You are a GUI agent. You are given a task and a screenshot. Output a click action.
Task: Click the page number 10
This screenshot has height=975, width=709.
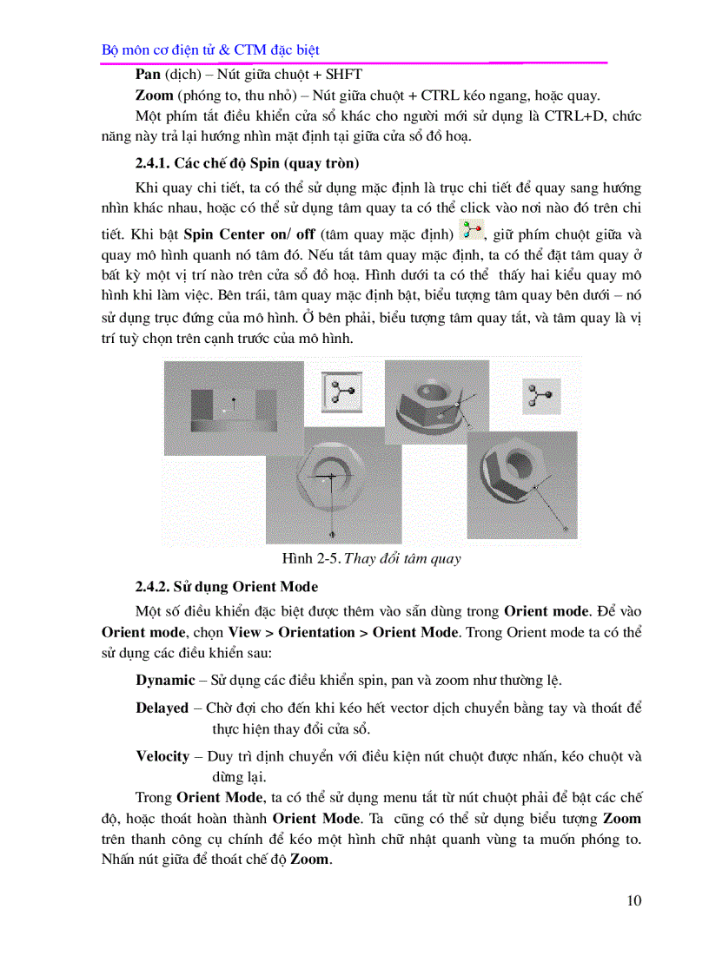click(x=633, y=900)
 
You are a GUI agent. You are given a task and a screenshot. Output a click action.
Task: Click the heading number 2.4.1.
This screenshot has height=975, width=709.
click(x=154, y=163)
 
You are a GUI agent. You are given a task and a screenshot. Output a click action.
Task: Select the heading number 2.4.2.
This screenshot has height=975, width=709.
click(x=154, y=587)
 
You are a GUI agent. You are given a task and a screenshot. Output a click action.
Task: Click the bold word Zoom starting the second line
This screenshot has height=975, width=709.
click(x=154, y=96)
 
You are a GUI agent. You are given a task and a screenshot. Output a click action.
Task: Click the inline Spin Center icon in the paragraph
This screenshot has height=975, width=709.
click(x=473, y=231)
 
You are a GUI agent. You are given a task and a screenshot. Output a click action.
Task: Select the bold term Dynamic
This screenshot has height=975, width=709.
click(x=165, y=680)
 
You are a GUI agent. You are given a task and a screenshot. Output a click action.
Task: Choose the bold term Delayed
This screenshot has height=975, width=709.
click(x=162, y=708)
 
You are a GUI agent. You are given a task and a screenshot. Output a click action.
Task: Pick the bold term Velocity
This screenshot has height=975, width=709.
click(x=162, y=756)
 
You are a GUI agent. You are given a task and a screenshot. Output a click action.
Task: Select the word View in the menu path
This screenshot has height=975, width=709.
click(x=244, y=632)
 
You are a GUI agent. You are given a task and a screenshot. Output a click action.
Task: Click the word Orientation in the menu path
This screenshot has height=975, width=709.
click(x=319, y=632)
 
